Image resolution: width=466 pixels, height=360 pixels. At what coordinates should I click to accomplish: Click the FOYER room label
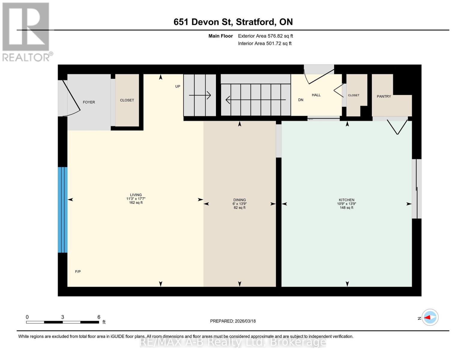tap(89, 102)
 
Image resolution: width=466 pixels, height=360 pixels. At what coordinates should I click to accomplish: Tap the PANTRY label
tap(384, 96)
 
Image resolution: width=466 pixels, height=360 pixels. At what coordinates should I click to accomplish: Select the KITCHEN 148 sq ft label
tap(347, 204)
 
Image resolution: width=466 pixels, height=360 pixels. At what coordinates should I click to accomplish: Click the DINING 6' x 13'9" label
tap(239, 204)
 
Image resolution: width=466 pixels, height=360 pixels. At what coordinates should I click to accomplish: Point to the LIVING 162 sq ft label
tap(136, 199)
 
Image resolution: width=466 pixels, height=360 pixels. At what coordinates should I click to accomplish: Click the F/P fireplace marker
tap(78, 271)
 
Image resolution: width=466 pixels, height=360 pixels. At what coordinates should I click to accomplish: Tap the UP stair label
tap(178, 86)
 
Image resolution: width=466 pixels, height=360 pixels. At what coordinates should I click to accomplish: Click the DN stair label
tap(301, 100)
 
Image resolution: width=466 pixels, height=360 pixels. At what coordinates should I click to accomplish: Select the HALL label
tap(316, 95)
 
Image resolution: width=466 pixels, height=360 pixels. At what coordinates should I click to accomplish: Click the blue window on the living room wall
tap(62, 210)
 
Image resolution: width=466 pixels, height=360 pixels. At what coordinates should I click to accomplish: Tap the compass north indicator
tap(430, 317)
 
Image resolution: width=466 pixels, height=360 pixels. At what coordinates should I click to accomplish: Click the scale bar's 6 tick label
tap(99, 317)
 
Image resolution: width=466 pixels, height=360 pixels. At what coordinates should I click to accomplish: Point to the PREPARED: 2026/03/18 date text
tap(233, 321)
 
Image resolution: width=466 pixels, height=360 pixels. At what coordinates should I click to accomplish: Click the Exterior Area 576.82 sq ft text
tap(265, 36)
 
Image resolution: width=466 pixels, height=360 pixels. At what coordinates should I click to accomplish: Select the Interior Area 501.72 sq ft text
tap(265, 43)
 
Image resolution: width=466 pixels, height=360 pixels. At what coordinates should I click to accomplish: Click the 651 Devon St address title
tap(233, 22)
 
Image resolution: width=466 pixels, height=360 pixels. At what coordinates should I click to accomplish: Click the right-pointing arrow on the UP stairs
tap(200, 95)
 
